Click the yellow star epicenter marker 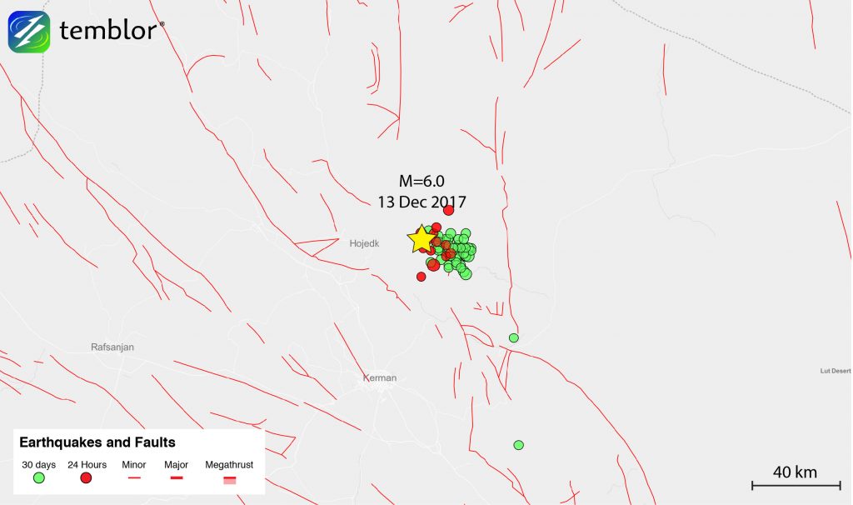[x=422, y=239]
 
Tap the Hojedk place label [x=363, y=243]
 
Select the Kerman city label [x=380, y=378]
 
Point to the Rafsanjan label [x=112, y=347]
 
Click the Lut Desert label [x=836, y=370]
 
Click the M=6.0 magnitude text [x=421, y=182]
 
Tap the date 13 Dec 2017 [x=421, y=202]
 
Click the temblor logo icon [x=29, y=32]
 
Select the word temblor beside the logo [x=107, y=32]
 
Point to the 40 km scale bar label [x=795, y=472]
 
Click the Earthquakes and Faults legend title [x=97, y=442]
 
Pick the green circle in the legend [x=38, y=478]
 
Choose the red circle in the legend [x=86, y=478]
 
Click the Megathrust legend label [x=229, y=465]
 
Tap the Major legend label [x=176, y=465]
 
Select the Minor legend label [x=134, y=465]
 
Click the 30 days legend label [x=38, y=465]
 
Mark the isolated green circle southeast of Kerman [x=518, y=445]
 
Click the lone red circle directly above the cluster [x=448, y=210]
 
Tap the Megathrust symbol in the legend [x=229, y=479]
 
